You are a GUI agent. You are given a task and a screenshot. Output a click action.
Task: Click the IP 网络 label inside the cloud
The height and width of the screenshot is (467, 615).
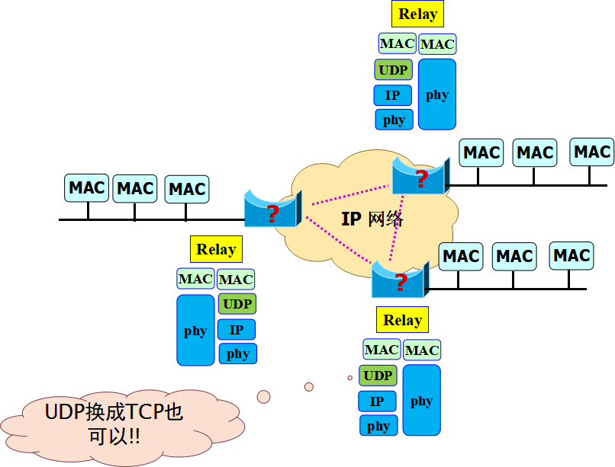(372, 219)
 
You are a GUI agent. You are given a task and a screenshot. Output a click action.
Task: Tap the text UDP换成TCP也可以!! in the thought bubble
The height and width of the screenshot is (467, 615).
(114, 424)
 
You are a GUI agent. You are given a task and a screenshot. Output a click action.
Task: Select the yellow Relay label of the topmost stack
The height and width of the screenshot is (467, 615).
(417, 14)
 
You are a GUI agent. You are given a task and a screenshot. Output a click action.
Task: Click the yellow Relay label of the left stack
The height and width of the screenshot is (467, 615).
(216, 249)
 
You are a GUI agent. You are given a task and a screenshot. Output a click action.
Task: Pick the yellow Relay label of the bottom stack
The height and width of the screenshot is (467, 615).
(402, 320)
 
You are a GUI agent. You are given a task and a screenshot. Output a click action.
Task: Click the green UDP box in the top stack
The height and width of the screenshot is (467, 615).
(393, 70)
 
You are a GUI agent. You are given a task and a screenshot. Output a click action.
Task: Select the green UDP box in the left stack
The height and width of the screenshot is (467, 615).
(237, 304)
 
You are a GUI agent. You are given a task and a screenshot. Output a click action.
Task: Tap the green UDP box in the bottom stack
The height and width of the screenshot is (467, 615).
(378, 376)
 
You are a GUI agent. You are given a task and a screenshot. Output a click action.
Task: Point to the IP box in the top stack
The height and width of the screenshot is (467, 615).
(392, 95)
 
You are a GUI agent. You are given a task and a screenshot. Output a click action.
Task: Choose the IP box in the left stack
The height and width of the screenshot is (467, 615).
(237, 330)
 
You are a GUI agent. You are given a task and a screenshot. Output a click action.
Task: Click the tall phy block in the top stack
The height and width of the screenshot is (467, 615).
(437, 94)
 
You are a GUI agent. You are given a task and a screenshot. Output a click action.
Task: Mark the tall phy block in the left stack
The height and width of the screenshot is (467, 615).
(195, 331)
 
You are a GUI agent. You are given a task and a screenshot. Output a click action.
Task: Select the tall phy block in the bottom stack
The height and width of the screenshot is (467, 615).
(421, 401)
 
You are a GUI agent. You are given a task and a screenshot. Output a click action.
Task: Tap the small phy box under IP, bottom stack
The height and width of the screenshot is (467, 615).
(378, 426)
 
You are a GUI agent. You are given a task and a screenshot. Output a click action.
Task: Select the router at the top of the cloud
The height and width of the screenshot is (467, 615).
(419, 177)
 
